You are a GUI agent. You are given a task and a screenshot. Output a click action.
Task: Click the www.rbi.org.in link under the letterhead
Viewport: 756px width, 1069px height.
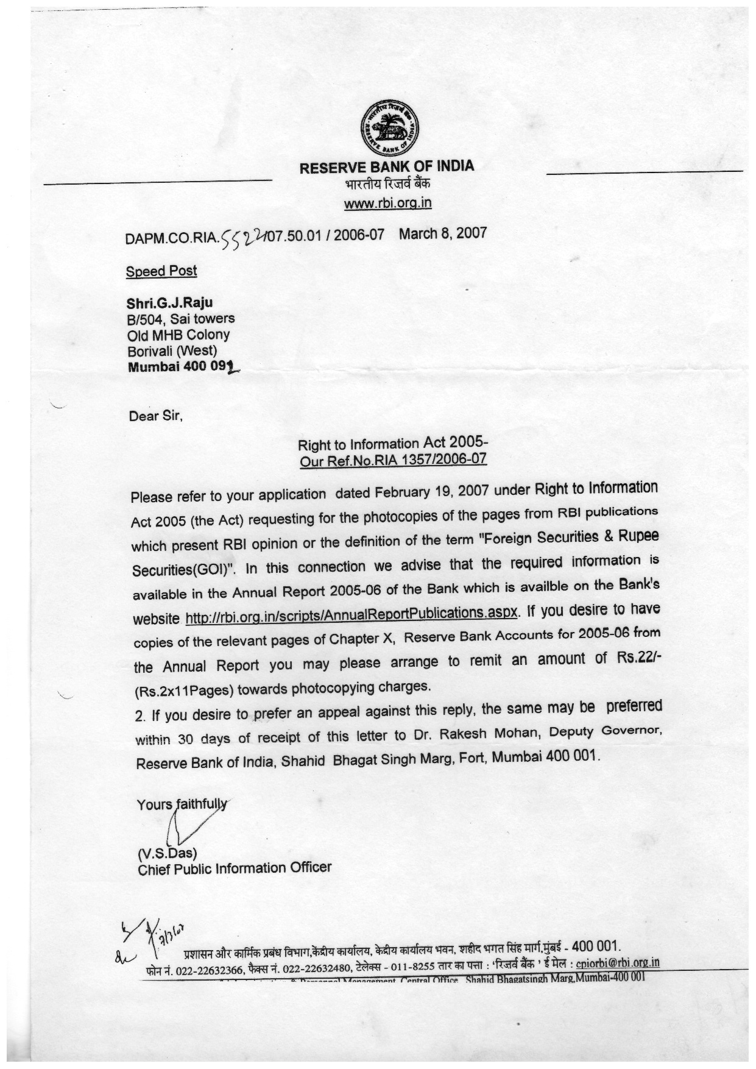click(387, 203)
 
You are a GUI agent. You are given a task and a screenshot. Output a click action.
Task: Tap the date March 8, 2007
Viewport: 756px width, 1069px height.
click(443, 233)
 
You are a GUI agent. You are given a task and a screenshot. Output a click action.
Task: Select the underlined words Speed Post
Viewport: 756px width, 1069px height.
click(161, 271)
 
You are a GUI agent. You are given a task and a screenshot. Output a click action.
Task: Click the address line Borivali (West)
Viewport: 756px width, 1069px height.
click(172, 350)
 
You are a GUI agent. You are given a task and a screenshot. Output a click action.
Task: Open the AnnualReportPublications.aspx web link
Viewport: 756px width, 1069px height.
click(352, 614)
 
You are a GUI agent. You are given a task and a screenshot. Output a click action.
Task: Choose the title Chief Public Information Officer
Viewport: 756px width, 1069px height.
click(235, 868)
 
